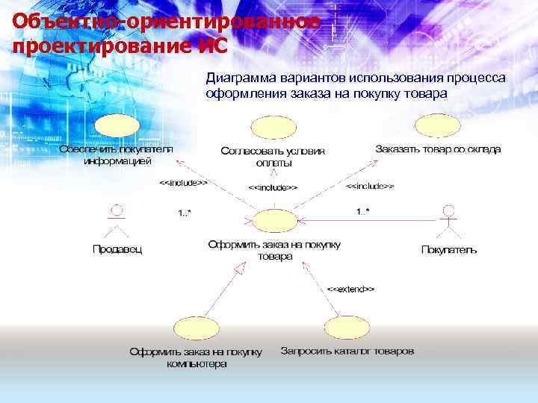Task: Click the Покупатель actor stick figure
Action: (448, 219)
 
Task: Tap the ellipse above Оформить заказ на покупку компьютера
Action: (196, 328)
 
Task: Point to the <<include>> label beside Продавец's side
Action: (184, 182)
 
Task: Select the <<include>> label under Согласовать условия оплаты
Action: (273, 187)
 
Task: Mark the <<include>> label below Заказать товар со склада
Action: (371, 185)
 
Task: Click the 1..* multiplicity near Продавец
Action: (185, 213)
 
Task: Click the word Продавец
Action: (117, 249)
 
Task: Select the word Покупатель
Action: (448, 249)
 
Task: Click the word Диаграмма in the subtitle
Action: (241, 78)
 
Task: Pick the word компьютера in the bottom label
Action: (197, 365)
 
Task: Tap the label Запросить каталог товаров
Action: (347, 351)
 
